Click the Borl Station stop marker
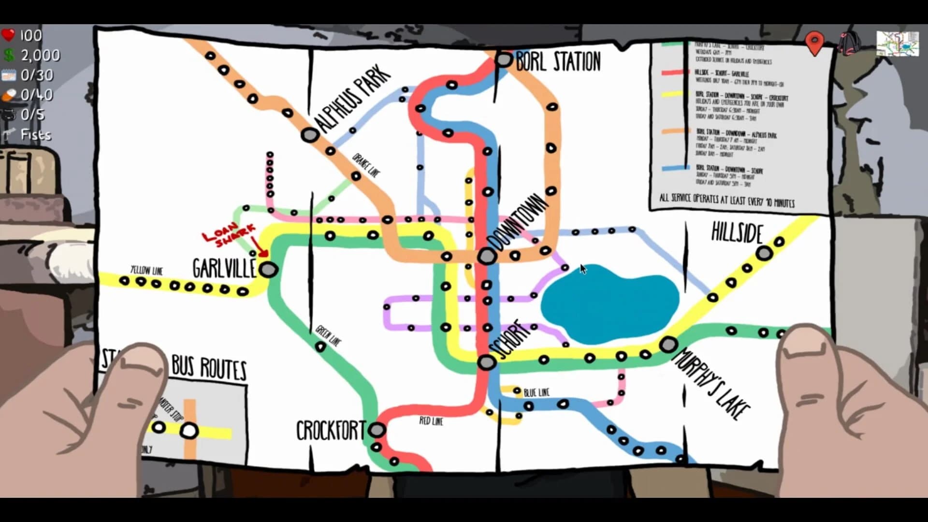[x=504, y=60]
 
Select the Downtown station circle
[x=487, y=256]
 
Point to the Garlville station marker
[x=268, y=269]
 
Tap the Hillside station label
[x=737, y=233]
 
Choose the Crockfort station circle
[x=377, y=429]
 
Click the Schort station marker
[x=487, y=362]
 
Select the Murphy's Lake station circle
[x=668, y=345]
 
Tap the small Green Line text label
[x=328, y=336]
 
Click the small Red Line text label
[x=431, y=421]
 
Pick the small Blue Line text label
[x=536, y=392]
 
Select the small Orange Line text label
[x=366, y=166]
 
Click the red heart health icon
[x=8, y=35]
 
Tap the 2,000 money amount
[x=40, y=55]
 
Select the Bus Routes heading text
[x=209, y=369]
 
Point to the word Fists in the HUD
[x=36, y=134]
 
